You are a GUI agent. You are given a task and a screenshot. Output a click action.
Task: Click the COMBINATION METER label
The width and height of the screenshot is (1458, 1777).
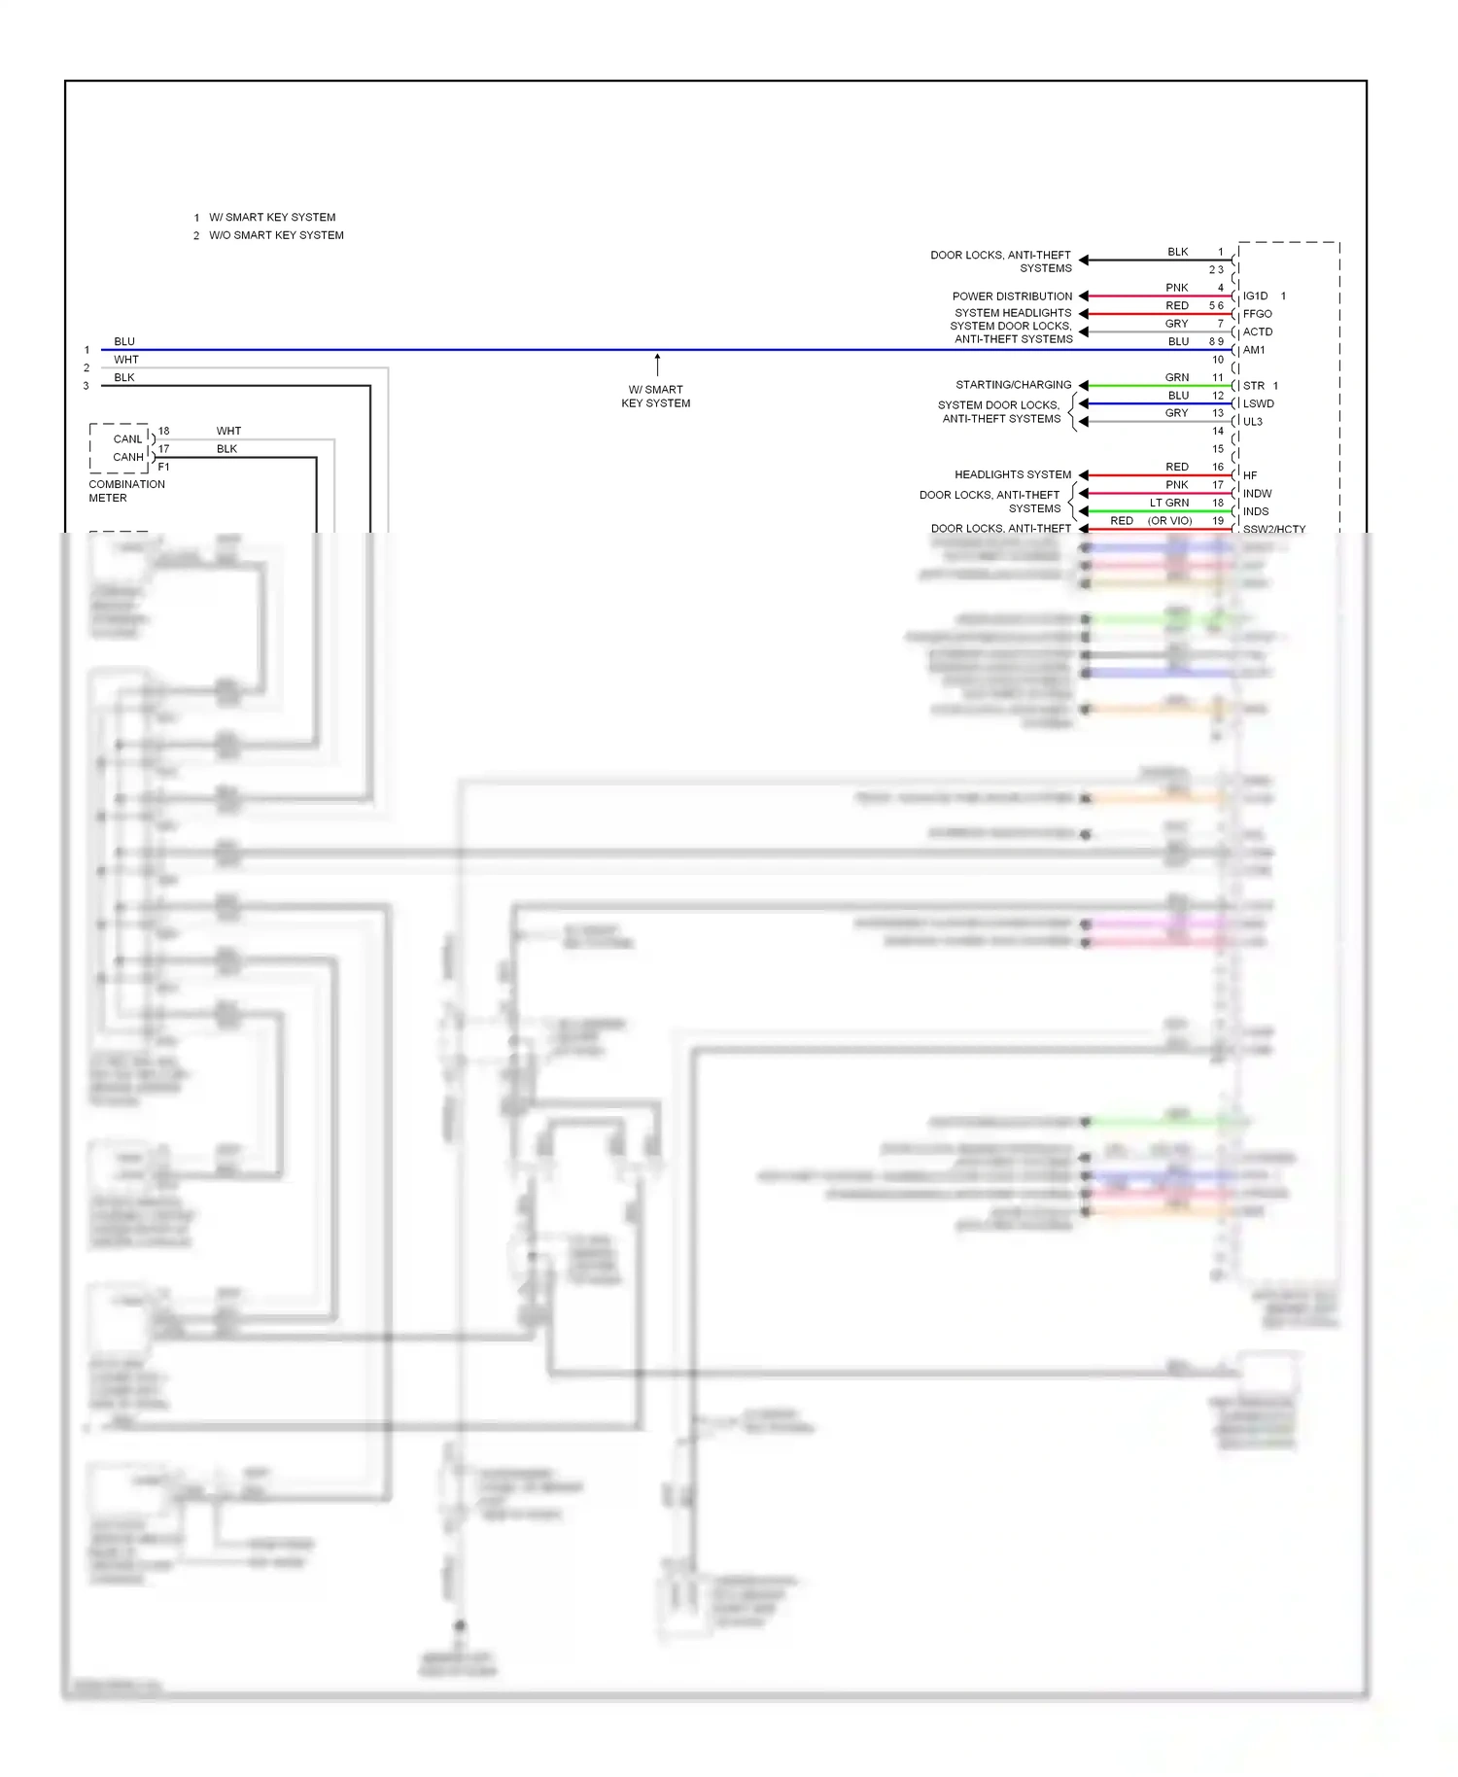coord(126,491)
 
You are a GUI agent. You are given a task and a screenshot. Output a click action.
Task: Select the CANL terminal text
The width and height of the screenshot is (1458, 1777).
coord(127,439)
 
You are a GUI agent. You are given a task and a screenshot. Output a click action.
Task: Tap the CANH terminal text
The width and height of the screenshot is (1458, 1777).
coord(127,457)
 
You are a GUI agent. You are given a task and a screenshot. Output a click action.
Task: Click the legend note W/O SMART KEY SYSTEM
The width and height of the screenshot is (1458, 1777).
coord(276,235)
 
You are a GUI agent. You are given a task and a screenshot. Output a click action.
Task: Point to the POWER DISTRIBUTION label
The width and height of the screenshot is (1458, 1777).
coord(1012,296)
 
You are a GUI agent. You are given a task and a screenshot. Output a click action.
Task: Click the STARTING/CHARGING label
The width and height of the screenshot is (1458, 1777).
coord(1013,385)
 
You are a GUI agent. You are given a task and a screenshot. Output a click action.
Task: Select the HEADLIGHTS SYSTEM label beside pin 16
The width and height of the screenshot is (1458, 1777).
coord(1012,474)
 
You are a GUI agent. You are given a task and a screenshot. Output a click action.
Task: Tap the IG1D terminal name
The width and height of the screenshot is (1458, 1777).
coord(1255,296)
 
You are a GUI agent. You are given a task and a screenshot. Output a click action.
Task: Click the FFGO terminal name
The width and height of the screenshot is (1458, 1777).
coord(1257,314)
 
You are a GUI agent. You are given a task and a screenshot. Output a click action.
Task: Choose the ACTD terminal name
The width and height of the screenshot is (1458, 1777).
coord(1257,331)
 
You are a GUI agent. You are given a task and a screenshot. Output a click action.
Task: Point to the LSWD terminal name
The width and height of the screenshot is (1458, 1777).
coord(1258,403)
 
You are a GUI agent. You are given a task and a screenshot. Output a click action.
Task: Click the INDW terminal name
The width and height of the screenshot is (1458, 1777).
coord(1257,493)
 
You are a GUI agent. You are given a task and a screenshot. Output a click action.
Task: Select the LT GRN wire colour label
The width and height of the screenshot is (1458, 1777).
coord(1169,503)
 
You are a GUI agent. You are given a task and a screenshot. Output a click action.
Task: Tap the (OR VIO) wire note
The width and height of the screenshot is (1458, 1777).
coord(1169,521)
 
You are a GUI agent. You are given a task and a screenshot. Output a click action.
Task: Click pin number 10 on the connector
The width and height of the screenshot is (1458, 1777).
coord(1217,360)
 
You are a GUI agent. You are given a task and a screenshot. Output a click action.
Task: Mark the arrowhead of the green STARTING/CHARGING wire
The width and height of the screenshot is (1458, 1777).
coord(1084,386)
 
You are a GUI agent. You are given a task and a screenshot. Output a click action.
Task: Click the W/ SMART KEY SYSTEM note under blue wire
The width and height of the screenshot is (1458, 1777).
coord(656,397)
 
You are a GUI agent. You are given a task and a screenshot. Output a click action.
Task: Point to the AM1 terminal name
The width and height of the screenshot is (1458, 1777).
coord(1254,350)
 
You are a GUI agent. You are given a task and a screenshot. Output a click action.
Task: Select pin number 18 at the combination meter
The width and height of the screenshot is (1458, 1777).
coord(163,431)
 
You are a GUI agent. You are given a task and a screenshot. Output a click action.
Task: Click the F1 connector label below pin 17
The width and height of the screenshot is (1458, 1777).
coord(163,467)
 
